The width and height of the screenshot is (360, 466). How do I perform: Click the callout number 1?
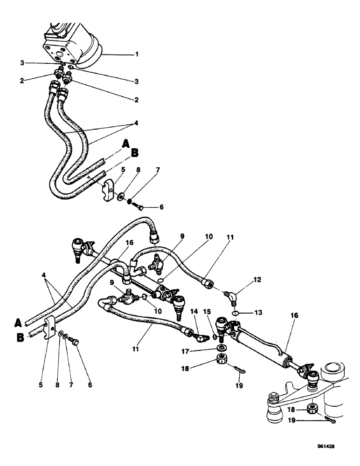coord(137,54)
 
